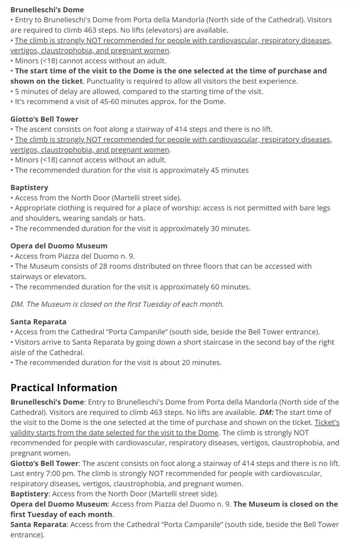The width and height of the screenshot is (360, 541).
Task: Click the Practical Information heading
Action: tap(64, 388)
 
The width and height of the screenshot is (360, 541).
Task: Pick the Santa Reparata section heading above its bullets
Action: tap(38, 322)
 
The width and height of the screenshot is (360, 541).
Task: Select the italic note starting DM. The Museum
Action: tap(117, 304)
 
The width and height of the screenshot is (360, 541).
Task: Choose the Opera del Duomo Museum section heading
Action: tap(59, 246)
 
